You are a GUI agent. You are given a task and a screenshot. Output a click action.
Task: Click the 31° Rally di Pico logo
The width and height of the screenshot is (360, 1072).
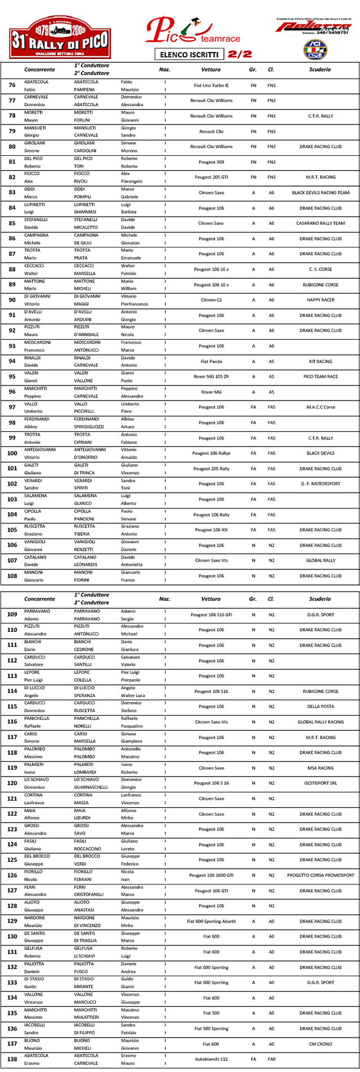click(60, 37)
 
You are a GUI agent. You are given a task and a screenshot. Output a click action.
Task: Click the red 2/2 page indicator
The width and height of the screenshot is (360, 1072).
click(240, 54)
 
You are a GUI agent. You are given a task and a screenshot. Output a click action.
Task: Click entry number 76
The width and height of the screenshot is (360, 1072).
click(12, 85)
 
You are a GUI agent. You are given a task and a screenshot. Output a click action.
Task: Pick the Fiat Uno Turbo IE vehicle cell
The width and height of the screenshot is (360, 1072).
click(211, 85)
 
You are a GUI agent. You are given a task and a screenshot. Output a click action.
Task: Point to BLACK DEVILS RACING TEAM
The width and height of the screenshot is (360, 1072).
click(320, 193)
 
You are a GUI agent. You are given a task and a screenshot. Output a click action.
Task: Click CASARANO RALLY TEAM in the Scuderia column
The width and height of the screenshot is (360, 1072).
click(320, 223)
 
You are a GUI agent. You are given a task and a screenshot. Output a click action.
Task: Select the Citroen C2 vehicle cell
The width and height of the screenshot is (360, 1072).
click(211, 300)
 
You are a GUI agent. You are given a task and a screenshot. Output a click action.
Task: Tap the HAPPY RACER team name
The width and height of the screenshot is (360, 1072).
click(320, 300)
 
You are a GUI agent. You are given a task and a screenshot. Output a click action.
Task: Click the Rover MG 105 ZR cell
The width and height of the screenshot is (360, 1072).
click(211, 376)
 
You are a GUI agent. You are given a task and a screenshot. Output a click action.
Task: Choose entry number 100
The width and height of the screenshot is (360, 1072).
click(12, 453)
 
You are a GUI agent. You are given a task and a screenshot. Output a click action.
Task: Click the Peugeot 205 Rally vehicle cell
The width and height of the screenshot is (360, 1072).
click(211, 469)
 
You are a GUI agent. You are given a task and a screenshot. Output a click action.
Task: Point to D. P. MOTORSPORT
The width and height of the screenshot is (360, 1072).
click(320, 484)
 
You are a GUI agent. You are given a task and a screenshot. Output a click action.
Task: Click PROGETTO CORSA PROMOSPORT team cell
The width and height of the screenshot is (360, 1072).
click(320, 876)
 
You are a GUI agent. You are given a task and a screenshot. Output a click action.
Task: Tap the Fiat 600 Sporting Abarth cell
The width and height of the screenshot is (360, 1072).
click(211, 921)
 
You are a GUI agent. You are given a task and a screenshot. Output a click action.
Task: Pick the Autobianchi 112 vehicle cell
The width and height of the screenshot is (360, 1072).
click(211, 1059)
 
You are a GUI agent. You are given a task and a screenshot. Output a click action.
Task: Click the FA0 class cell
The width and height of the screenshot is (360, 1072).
click(271, 1059)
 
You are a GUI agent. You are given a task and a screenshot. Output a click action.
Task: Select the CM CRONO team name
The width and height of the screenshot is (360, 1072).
click(320, 1044)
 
